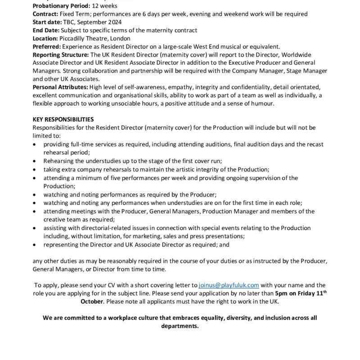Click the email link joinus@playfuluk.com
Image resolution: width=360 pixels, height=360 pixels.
[229, 285]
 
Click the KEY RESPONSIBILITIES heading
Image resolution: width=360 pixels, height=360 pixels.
[63, 120]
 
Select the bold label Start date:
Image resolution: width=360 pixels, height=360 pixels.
[45, 22]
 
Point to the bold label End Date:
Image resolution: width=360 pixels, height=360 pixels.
[45, 30]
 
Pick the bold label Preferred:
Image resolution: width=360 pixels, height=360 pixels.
[47, 46]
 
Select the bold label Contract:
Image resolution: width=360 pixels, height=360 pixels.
[45, 14]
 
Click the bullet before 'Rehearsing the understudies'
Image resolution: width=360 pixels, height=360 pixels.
[36, 161]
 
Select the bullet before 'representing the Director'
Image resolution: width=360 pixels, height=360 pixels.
[36, 245]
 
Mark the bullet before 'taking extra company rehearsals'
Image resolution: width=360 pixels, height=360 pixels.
[36, 170]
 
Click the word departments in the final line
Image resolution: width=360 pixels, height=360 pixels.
[180, 326]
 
